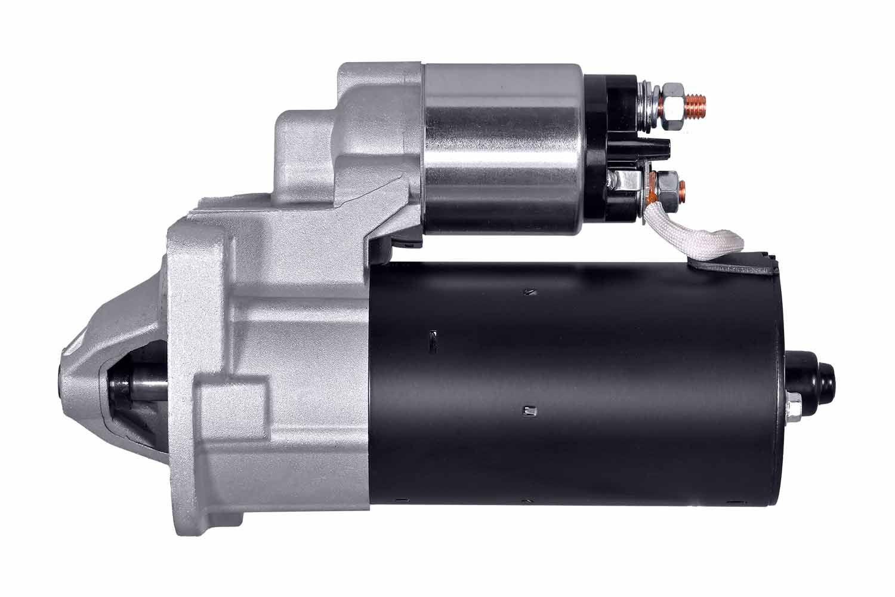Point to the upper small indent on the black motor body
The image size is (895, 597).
point(527,292)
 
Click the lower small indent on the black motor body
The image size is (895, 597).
point(527,410)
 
